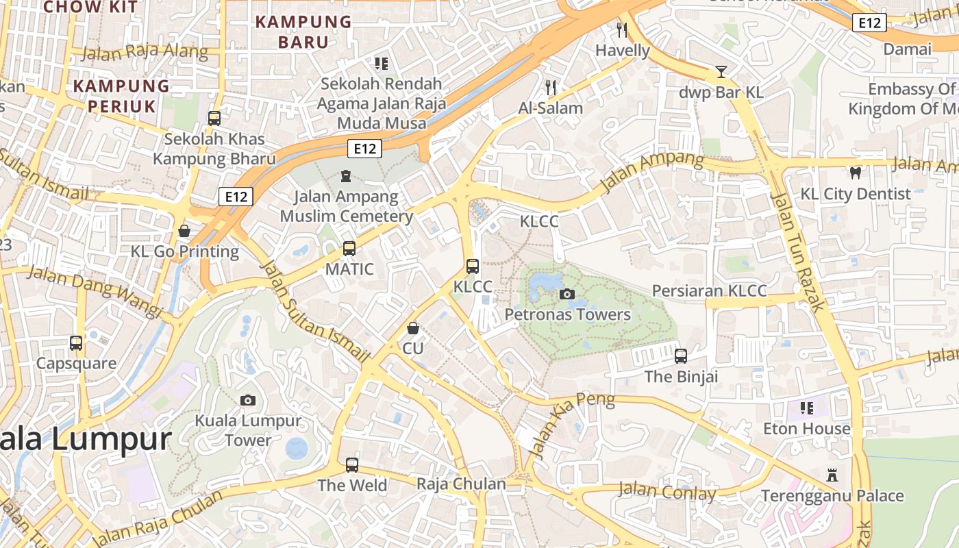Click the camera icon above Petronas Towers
point(566,295)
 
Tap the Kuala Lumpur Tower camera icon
point(248,400)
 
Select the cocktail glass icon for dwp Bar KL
point(721,71)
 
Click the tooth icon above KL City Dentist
point(855,173)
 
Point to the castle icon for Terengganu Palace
point(832,475)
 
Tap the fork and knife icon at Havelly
point(622,29)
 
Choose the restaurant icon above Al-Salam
point(551,87)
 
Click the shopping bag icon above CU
point(413,328)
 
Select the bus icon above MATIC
point(349,248)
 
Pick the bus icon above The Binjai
point(681,356)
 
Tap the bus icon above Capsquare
point(76,342)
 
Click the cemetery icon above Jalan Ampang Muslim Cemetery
point(346,176)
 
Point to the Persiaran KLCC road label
point(709,290)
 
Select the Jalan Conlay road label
point(667,491)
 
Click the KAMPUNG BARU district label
point(303,32)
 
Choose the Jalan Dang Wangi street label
point(94,291)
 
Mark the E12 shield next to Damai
point(869,23)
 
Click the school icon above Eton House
point(807,408)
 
